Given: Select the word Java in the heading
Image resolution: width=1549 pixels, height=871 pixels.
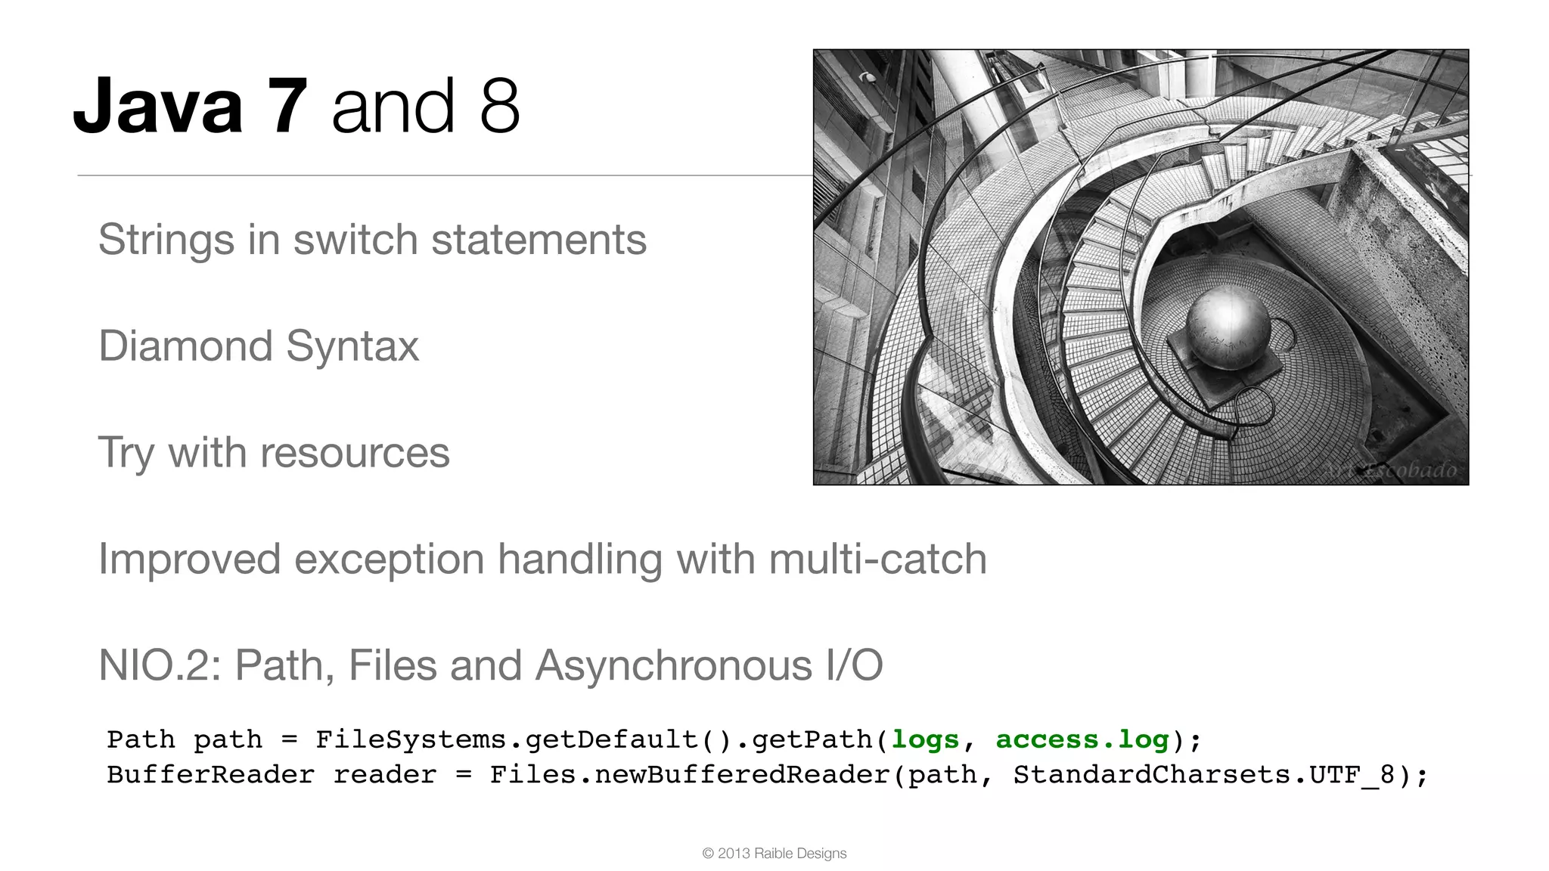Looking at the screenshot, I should pos(158,107).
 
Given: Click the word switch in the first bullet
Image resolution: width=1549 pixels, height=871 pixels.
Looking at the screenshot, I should pos(355,240).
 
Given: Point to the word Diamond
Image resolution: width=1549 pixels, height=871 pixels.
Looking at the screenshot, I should pos(185,347).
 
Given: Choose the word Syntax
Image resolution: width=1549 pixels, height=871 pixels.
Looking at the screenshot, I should pos(352,347).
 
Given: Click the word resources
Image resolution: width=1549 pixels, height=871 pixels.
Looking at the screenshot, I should pos(354,454).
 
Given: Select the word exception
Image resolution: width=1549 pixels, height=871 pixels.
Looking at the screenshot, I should pos(389,560).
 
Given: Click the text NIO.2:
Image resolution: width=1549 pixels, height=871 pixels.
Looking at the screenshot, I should pos(160,666).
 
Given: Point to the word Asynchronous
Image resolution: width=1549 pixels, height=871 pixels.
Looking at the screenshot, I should pos(673,666).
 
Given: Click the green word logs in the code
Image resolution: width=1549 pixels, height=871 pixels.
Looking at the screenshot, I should pos(925,739).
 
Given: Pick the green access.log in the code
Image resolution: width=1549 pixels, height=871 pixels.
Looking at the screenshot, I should pos(1082,739).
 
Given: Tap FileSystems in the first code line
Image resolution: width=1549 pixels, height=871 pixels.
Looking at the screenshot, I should pos(411,739).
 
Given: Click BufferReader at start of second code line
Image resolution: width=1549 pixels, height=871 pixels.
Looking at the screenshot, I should pos(210,775).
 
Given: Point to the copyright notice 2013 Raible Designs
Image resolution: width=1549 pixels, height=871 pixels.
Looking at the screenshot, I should pos(774,854).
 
